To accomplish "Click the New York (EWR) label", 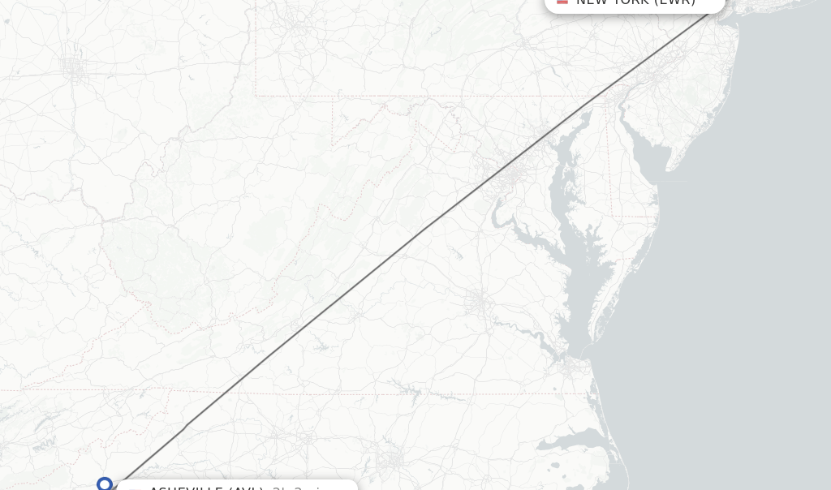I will (635, 2).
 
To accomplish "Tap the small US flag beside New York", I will (562, 2).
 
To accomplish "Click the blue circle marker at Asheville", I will (105, 484).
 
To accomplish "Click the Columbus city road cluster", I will (73, 65).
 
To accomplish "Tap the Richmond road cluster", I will (479, 304).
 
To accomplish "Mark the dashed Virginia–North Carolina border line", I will (365, 394).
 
